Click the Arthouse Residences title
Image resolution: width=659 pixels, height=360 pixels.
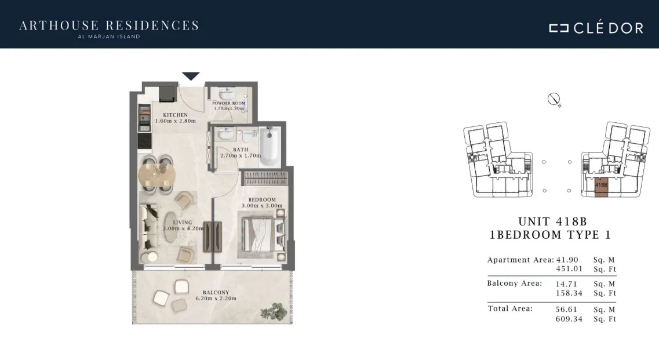point(109,26)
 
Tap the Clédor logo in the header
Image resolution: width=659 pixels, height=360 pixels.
point(596,27)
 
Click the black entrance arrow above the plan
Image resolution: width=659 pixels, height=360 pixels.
point(191,76)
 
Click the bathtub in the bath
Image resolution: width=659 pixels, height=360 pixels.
point(270,147)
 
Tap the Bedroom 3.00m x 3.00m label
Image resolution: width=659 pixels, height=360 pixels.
point(262,203)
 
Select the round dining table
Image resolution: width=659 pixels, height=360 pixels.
point(156,174)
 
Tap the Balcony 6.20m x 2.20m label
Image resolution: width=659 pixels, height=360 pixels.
point(216,296)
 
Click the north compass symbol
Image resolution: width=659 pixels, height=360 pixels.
point(554,100)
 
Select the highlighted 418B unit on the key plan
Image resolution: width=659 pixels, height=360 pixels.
point(601,187)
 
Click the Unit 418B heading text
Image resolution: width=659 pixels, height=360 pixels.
point(552,221)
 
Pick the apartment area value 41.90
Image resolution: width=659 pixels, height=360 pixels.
point(567,260)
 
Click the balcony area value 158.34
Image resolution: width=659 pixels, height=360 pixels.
point(569,293)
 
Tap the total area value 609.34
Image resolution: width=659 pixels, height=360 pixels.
point(569,319)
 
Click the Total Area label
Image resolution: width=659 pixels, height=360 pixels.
point(510,308)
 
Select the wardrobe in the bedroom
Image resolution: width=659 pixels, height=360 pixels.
point(265,179)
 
